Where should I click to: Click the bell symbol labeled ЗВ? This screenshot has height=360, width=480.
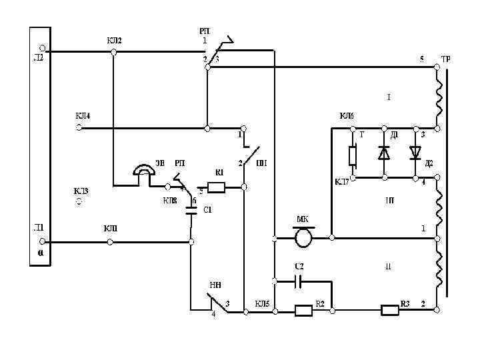[x=143, y=172]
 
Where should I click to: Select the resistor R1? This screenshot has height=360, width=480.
[x=217, y=187]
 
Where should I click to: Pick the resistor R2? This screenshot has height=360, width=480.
[x=303, y=309]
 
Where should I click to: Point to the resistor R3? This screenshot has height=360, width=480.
[x=389, y=309]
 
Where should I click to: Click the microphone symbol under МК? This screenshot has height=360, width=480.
[x=303, y=236]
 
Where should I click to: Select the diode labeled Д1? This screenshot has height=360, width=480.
[x=384, y=153]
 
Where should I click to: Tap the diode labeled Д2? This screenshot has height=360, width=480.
[x=415, y=153]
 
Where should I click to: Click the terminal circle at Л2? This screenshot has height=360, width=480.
[x=42, y=49]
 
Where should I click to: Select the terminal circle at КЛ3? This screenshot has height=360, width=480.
[x=79, y=201]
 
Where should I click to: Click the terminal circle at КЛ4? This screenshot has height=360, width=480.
[x=79, y=127]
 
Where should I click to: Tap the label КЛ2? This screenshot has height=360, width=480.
[x=114, y=40]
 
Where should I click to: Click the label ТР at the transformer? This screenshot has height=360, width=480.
[x=445, y=59]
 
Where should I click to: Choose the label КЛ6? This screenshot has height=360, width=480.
[x=347, y=116]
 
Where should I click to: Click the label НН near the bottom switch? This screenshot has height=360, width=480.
[x=215, y=286]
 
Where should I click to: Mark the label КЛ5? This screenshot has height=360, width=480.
[x=262, y=304]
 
